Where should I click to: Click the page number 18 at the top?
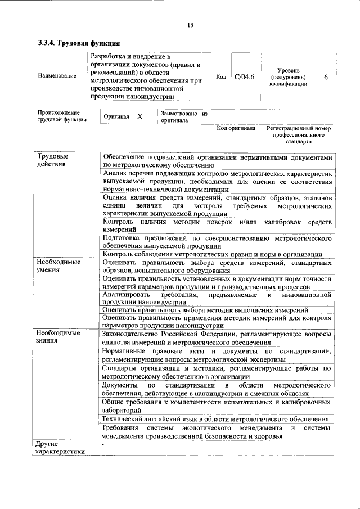[190, 25]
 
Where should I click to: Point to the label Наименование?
[57, 76]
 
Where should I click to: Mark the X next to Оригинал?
[139, 116]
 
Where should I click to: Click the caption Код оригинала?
[236, 129]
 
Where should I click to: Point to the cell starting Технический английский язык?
[215, 419]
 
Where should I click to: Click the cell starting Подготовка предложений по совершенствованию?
[215, 242]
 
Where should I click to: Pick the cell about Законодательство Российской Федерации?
[215, 337]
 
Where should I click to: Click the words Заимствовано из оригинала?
[184, 117]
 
